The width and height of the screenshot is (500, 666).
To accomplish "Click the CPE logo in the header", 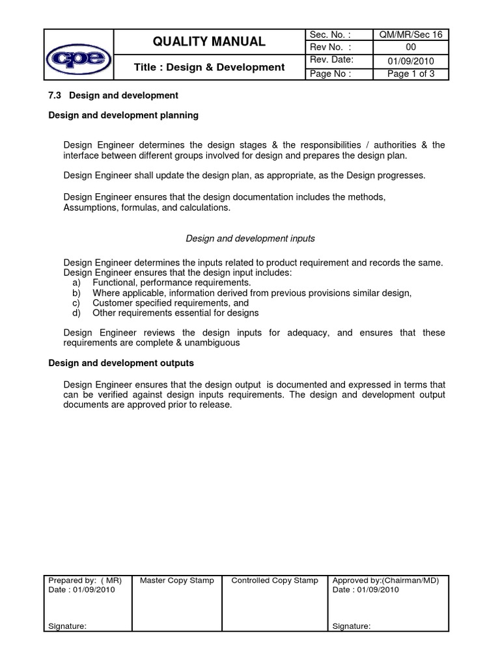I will (x=78, y=55).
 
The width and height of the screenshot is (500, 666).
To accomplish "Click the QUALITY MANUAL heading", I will (x=209, y=42).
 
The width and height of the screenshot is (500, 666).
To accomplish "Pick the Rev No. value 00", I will (x=410, y=47).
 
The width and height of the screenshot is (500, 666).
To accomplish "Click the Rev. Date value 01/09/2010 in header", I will (x=410, y=61).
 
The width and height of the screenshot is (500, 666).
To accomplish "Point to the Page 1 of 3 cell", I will (x=410, y=73).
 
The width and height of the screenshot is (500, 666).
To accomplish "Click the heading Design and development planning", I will (x=124, y=115).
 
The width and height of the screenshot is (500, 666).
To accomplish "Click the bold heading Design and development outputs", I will (x=121, y=363).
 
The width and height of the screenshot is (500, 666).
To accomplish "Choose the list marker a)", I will (x=76, y=284).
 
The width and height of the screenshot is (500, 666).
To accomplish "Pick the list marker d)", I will (x=76, y=313).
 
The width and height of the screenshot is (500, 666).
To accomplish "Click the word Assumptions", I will (x=90, y=208).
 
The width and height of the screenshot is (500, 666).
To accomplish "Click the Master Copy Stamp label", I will (x=176, y=580).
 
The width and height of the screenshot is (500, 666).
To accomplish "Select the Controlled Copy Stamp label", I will (x=275, y=580).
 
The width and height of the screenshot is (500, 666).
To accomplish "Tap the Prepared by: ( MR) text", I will (x=85, y=580).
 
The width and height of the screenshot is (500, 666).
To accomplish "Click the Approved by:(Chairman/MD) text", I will (x=385, y=580).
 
